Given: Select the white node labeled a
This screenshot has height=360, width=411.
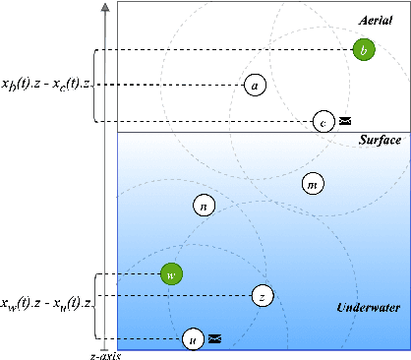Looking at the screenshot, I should [256, 86].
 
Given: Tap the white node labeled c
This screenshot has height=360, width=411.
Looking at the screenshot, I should [323, 122].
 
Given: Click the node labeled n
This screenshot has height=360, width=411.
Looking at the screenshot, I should [203, 206].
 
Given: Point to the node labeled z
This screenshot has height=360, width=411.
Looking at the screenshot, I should [262, 295].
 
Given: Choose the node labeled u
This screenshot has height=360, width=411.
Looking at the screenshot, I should [194, 339].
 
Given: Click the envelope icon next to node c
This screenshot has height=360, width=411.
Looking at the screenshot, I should [345, 122].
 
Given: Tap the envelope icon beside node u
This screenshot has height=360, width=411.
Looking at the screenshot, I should [215, 339].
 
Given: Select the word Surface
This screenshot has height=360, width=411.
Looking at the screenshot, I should [380, 142].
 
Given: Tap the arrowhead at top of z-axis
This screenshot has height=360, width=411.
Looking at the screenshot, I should [104, 8].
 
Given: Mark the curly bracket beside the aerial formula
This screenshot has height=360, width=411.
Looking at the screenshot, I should [95, 86].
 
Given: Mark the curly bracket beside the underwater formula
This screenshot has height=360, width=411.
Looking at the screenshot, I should [95, 306].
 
